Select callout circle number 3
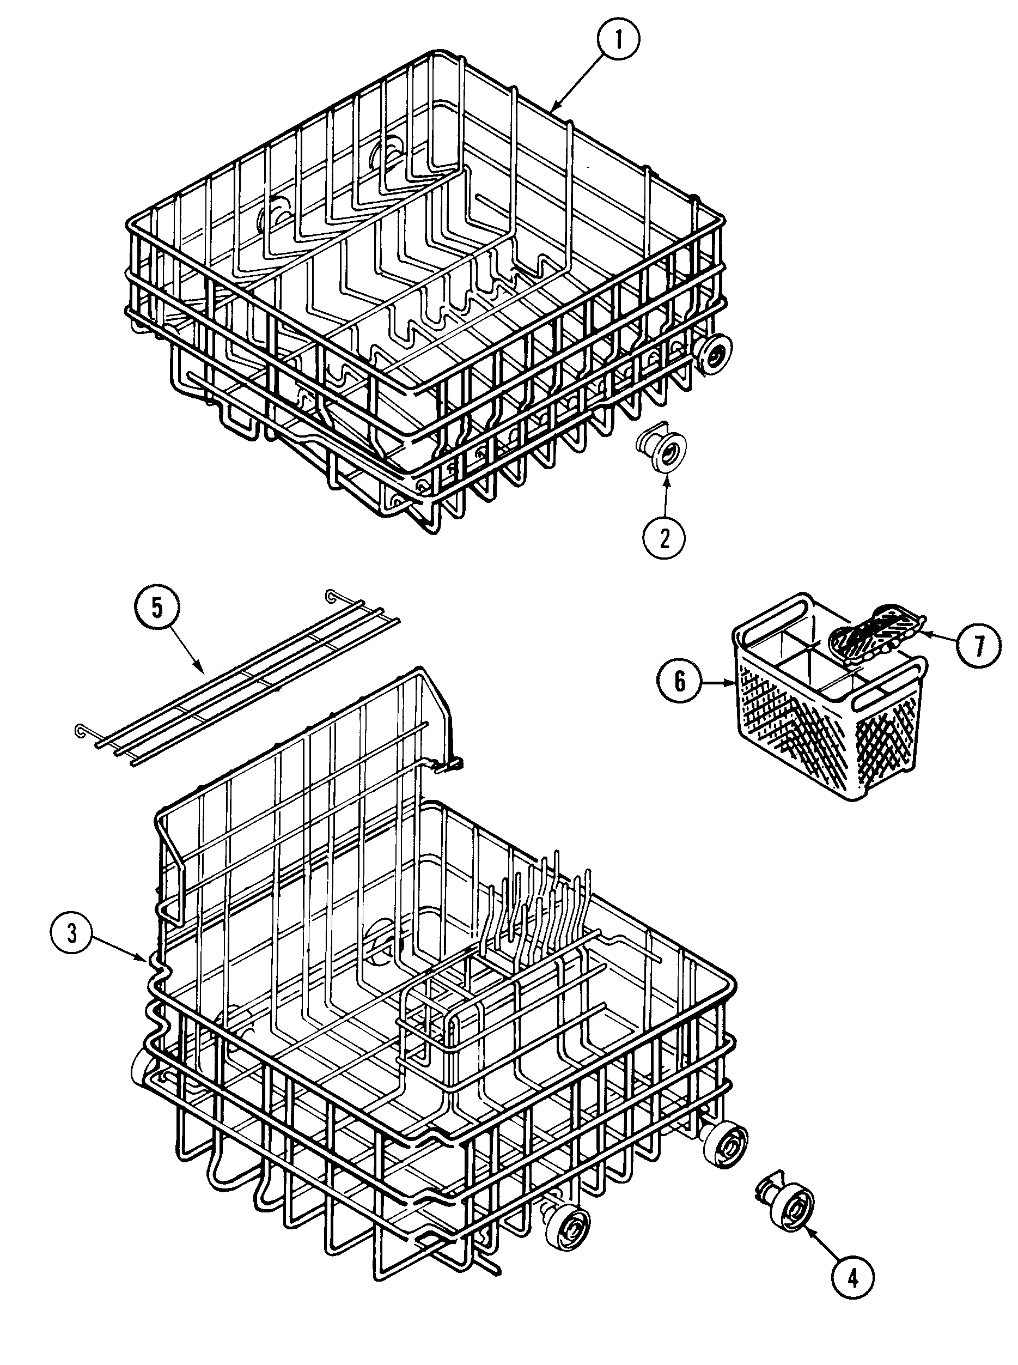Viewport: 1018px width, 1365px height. tap(72, 934)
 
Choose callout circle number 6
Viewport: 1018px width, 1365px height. tap(680, 681)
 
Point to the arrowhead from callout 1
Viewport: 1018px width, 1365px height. tap(554, 109)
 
